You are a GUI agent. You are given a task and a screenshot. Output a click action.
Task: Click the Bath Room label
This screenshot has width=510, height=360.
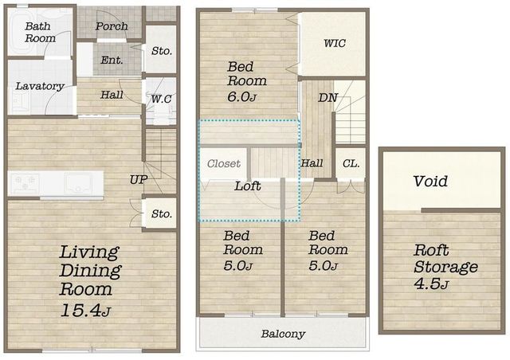coord(40,32)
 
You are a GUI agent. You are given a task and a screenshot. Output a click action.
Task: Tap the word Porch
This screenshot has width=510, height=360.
coord(112,26)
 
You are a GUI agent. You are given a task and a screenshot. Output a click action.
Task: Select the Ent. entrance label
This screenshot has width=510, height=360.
coord(112,61)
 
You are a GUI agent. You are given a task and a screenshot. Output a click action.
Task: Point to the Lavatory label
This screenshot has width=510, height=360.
coord(40,86)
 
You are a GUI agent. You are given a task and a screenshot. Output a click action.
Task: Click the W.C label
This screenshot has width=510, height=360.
coord(161,99)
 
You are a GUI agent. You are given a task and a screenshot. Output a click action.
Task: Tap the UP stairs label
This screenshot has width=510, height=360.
coord(139,179)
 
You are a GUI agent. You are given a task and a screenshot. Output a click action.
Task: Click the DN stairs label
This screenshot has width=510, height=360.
coord(328,97)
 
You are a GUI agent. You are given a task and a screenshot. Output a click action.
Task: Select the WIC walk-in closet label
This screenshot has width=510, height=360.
coord(335,43)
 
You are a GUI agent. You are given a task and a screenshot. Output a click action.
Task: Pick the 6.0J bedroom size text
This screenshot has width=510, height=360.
coord(242,97)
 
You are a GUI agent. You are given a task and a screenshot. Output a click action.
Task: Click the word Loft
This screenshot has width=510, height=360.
coord(248,186)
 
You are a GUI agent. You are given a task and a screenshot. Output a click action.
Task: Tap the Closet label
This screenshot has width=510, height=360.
coord(224,163)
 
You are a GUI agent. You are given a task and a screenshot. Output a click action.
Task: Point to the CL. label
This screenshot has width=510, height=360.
coord(351,163)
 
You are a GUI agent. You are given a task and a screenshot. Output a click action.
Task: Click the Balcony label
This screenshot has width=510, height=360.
coord(283,334)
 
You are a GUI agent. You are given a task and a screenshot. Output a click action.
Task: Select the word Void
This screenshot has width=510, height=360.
coord(430,181)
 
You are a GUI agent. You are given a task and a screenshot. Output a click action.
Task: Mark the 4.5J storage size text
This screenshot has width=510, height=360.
coord(431,284)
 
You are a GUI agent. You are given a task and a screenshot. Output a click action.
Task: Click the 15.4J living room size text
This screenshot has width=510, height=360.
coord(85,311)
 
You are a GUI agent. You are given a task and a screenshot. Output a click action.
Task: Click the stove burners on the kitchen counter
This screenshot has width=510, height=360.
coord(25,183)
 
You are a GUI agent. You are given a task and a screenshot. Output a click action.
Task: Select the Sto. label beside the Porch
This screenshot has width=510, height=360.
coord(162,51)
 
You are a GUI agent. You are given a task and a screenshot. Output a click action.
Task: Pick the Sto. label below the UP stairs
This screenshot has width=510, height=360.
coord(162,214)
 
